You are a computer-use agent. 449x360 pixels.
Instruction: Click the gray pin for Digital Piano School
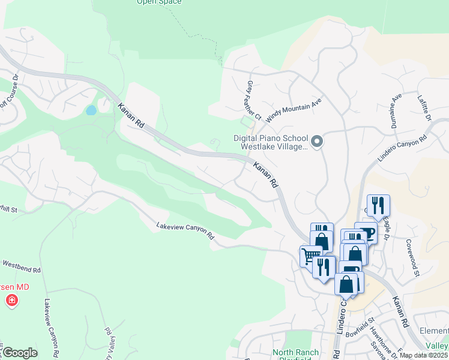(x=318, y=142)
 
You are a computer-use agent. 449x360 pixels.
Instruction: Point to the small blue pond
(x=91, y=110)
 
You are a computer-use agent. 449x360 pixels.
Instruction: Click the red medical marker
(x=11, y=301)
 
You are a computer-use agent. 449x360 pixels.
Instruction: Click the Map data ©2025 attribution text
(x=423, y=355)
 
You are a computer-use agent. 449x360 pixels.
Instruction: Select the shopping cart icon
(x=310, y=256)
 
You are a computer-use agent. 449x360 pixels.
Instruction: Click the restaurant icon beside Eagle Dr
(x=378, y=205)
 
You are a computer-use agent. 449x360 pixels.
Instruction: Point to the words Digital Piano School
(x=269, y=138)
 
